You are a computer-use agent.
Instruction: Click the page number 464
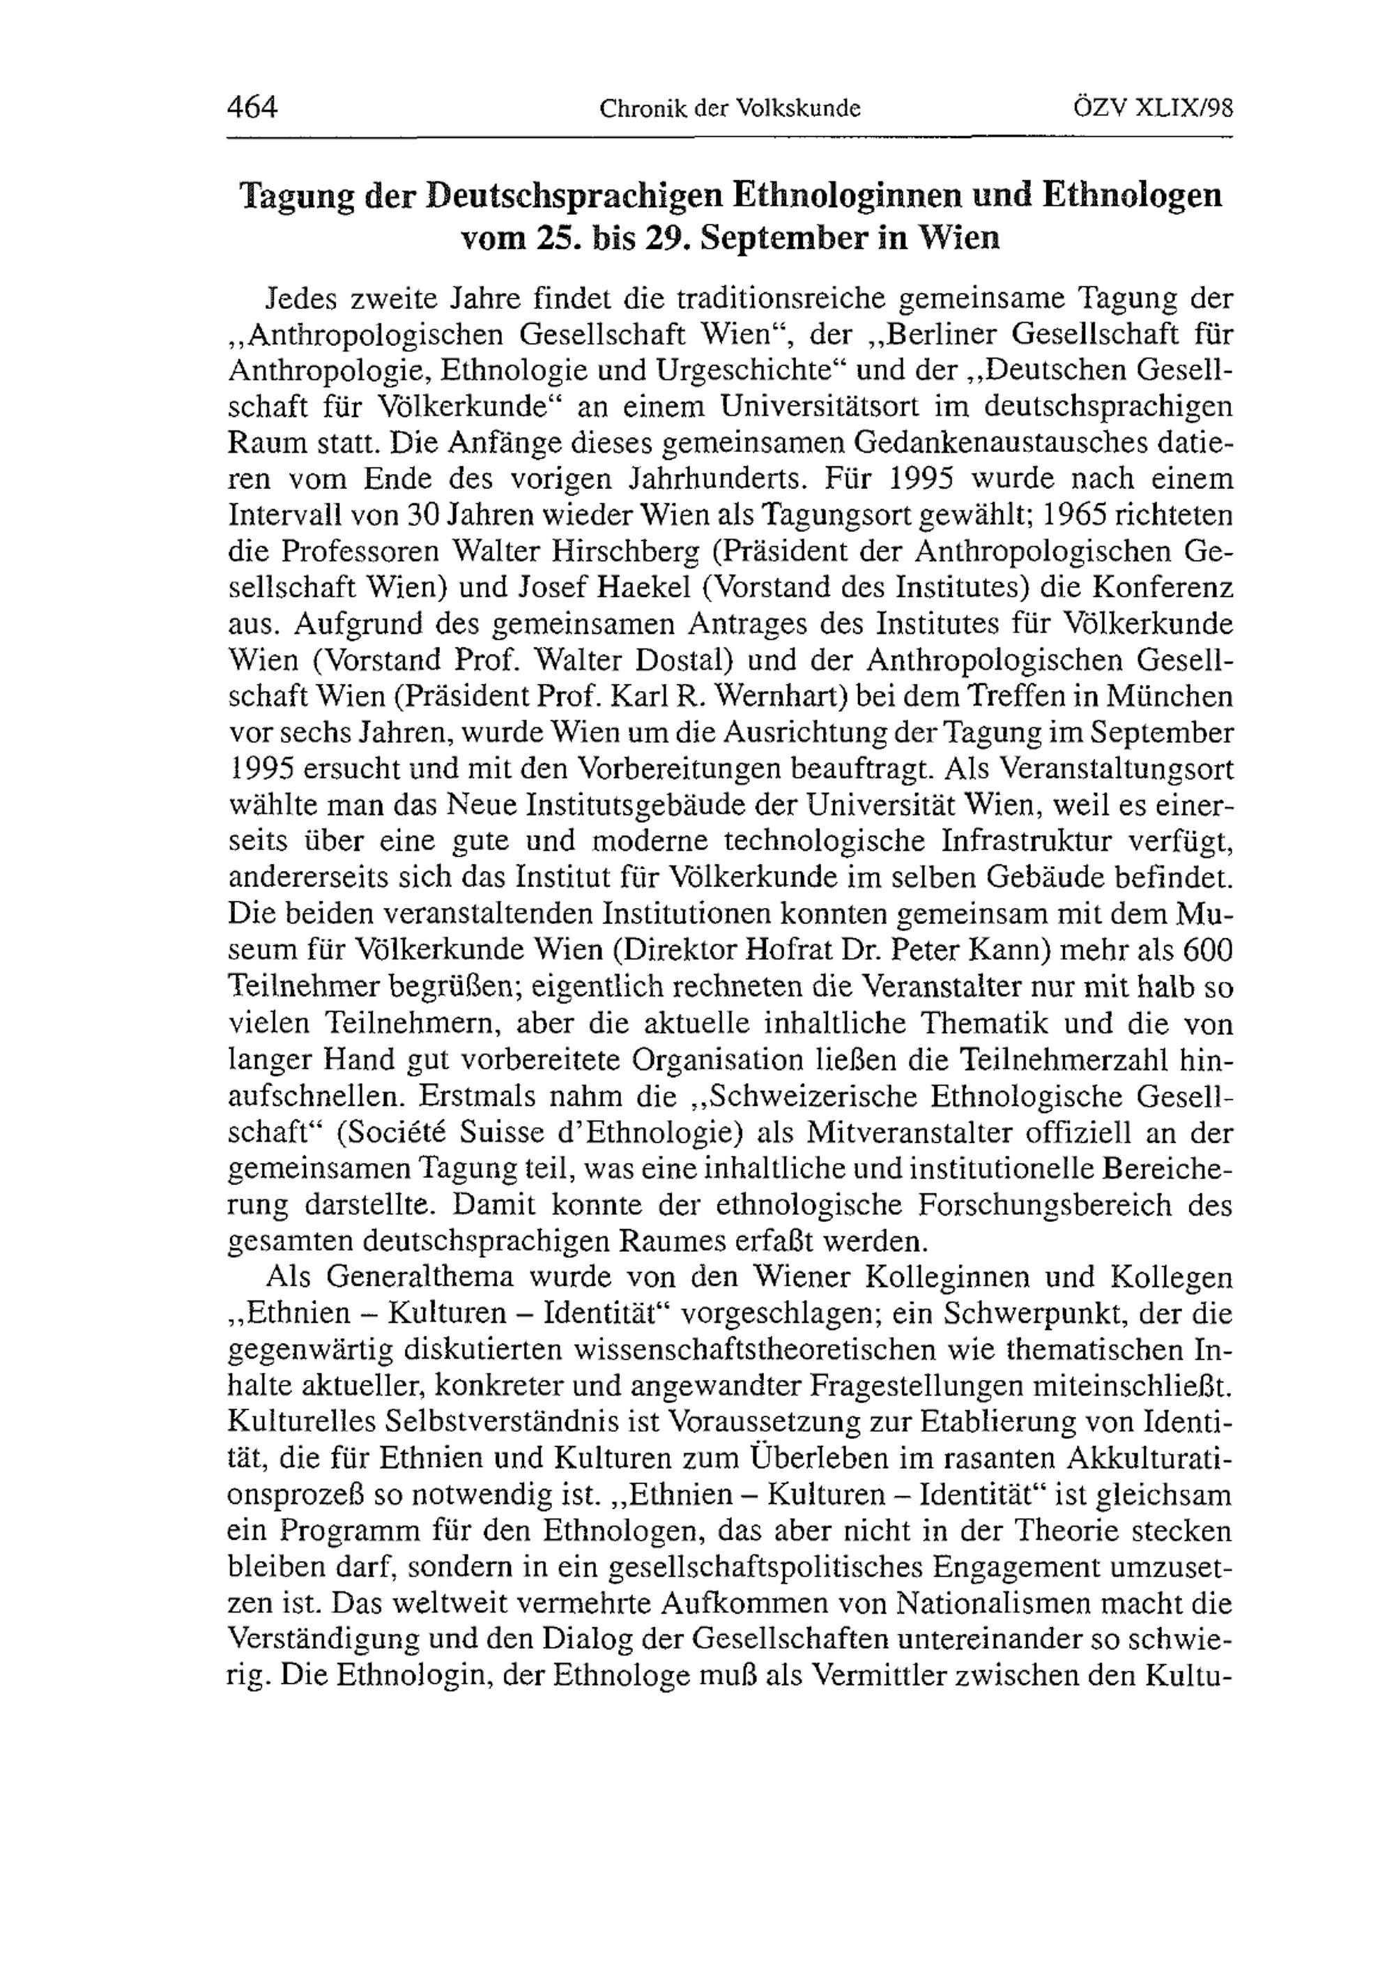click(252, 107)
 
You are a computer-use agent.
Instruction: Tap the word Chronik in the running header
click(633, 109)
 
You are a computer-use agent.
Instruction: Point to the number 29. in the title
click(659, 236)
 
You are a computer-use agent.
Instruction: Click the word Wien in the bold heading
click(960, 236)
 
